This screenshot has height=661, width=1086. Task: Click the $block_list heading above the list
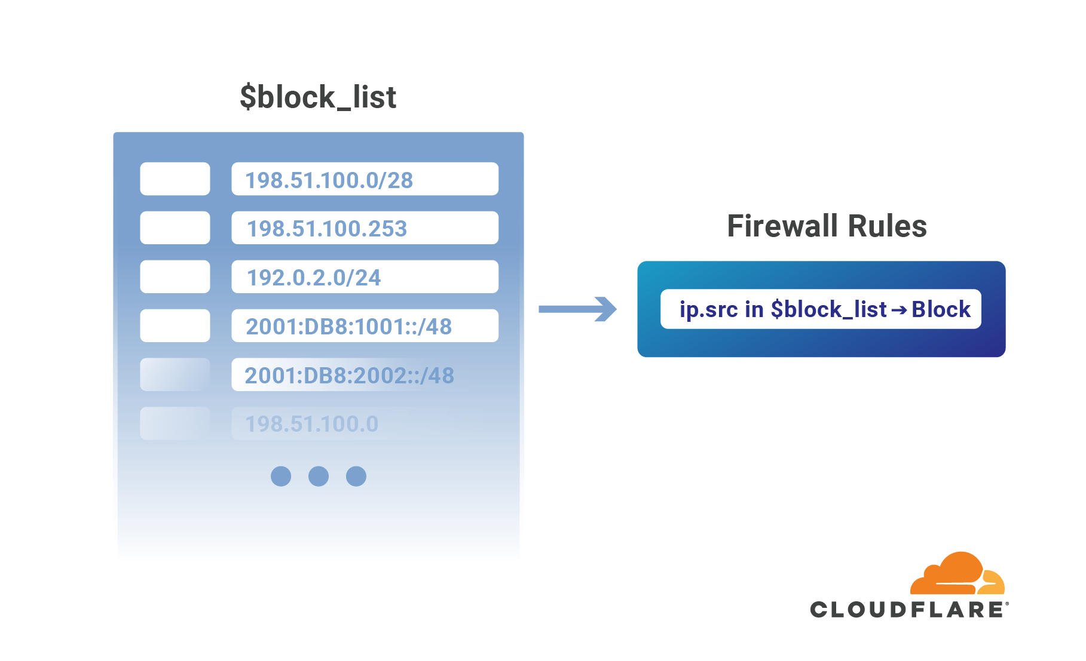318,97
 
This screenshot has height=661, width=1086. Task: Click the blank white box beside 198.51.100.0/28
175,179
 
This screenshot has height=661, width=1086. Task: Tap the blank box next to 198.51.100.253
175,228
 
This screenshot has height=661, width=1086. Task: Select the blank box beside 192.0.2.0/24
175,277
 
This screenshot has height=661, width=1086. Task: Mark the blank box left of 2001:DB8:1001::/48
175,326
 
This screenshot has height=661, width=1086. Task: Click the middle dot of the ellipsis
319,476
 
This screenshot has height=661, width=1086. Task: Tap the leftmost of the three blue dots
281,476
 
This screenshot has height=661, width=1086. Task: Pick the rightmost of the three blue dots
356,476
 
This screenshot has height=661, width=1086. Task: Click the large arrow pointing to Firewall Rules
577,309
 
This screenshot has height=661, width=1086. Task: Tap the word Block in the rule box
941,309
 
